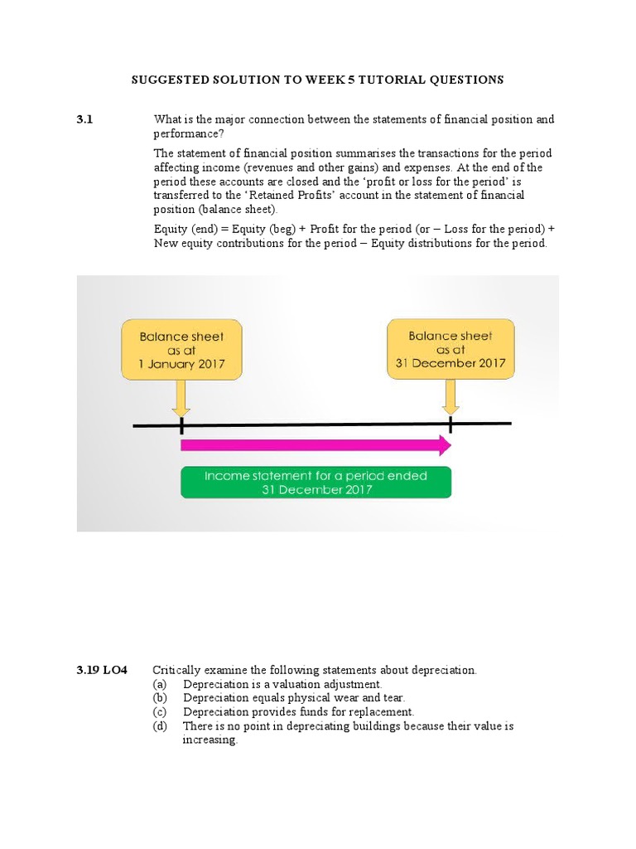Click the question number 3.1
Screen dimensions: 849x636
tap(85, 119)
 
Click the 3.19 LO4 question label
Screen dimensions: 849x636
tap(101, 670)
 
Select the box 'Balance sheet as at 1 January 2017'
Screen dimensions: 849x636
tap(181, 350)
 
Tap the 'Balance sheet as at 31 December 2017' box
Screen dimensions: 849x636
tap(450, 349)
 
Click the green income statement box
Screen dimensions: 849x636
tap(316, 483)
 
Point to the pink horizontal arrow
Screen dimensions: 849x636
tap(316, 446)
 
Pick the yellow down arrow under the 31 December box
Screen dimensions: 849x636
tap(450, 397)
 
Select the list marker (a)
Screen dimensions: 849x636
tap(160, 684)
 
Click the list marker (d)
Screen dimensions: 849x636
tap(160, 726)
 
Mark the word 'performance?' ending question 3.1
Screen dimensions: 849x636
tap(188, 133)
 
